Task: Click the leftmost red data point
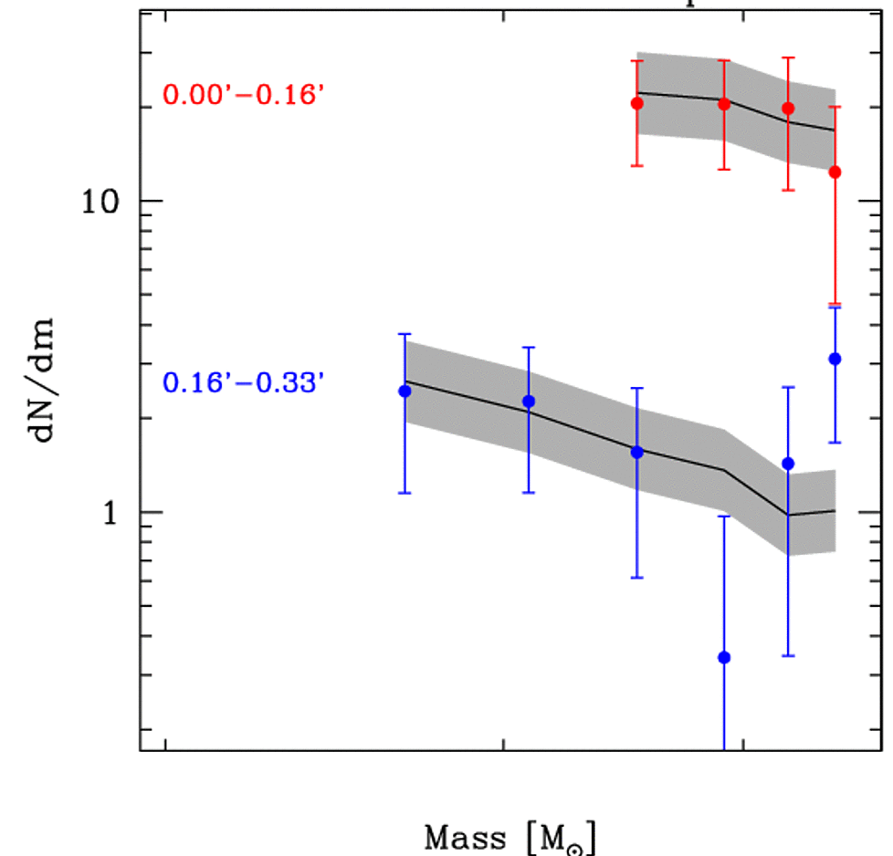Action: pos(637,103)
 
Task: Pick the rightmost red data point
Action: pos(835,172)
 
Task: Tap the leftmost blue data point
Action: pos(405,391)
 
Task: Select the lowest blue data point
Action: pos(724,657)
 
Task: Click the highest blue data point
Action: pos(835,359)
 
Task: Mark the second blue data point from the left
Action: pos(529,402)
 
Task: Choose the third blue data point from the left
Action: pos(637,452)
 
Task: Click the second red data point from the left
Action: pos(724,104)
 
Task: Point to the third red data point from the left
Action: pos(788,108)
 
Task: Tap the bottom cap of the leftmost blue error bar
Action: pos(405,493)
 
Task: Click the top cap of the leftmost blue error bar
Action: pos(405,334)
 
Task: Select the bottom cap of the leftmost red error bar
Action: pos(637,165)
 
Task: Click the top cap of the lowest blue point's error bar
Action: pos(724,517)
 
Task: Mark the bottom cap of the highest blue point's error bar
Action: pos(835,443)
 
